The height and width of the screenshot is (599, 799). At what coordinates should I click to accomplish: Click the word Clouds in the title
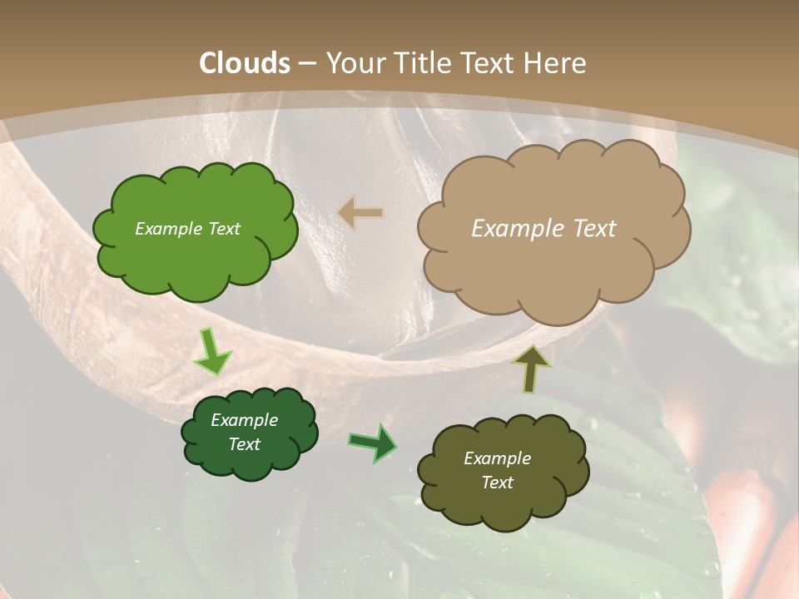tap(245, 63)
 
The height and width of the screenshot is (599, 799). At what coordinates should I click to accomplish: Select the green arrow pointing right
tap(373, 443)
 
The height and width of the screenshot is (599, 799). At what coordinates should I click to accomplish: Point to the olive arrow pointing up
tap(531, 369)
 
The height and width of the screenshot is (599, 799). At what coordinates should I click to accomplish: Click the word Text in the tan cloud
tap(594, 229)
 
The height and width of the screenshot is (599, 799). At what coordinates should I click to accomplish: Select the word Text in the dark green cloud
tap(244, 444)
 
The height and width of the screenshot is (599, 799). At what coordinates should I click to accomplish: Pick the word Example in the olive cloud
tap(497, 458)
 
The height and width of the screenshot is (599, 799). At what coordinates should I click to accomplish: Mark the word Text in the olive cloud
tap(497, 483)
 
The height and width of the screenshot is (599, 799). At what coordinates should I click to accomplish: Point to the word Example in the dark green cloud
tap(244, 420)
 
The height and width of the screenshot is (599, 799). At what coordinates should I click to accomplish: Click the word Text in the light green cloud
tap(224, 229)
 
